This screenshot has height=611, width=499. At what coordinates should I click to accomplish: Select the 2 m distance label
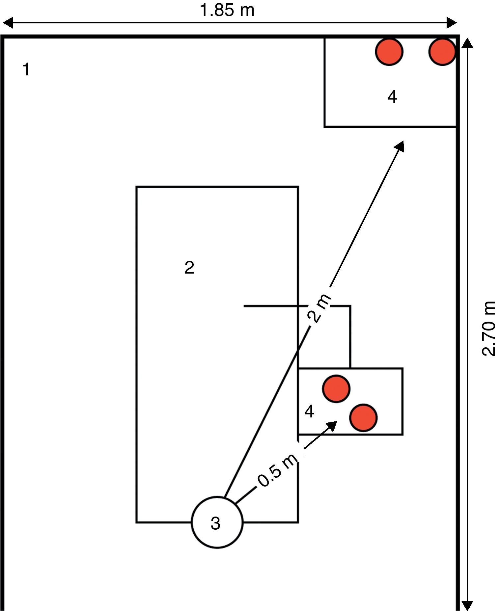[x=319, y=308]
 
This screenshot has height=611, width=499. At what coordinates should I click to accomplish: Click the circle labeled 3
[x=217, y=522]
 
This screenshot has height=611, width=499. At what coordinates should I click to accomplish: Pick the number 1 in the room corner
[x=26, y=70]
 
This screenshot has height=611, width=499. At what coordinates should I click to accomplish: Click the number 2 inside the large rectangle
[x=189, y=268]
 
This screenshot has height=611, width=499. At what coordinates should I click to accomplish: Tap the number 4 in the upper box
[x=392, y=97]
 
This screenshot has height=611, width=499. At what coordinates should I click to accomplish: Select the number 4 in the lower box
[x=309, y=412]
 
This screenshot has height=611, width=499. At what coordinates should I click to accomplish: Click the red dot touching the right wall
[x=442, y=52]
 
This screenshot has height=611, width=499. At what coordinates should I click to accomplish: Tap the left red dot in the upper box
[x=389, y=52]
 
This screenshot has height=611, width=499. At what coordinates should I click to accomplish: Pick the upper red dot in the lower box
[x=336, y=389]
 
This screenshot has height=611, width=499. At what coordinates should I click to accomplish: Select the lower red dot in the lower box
[x=363, y=418]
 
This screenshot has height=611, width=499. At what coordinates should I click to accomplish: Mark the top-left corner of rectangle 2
[x=137, y=187]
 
